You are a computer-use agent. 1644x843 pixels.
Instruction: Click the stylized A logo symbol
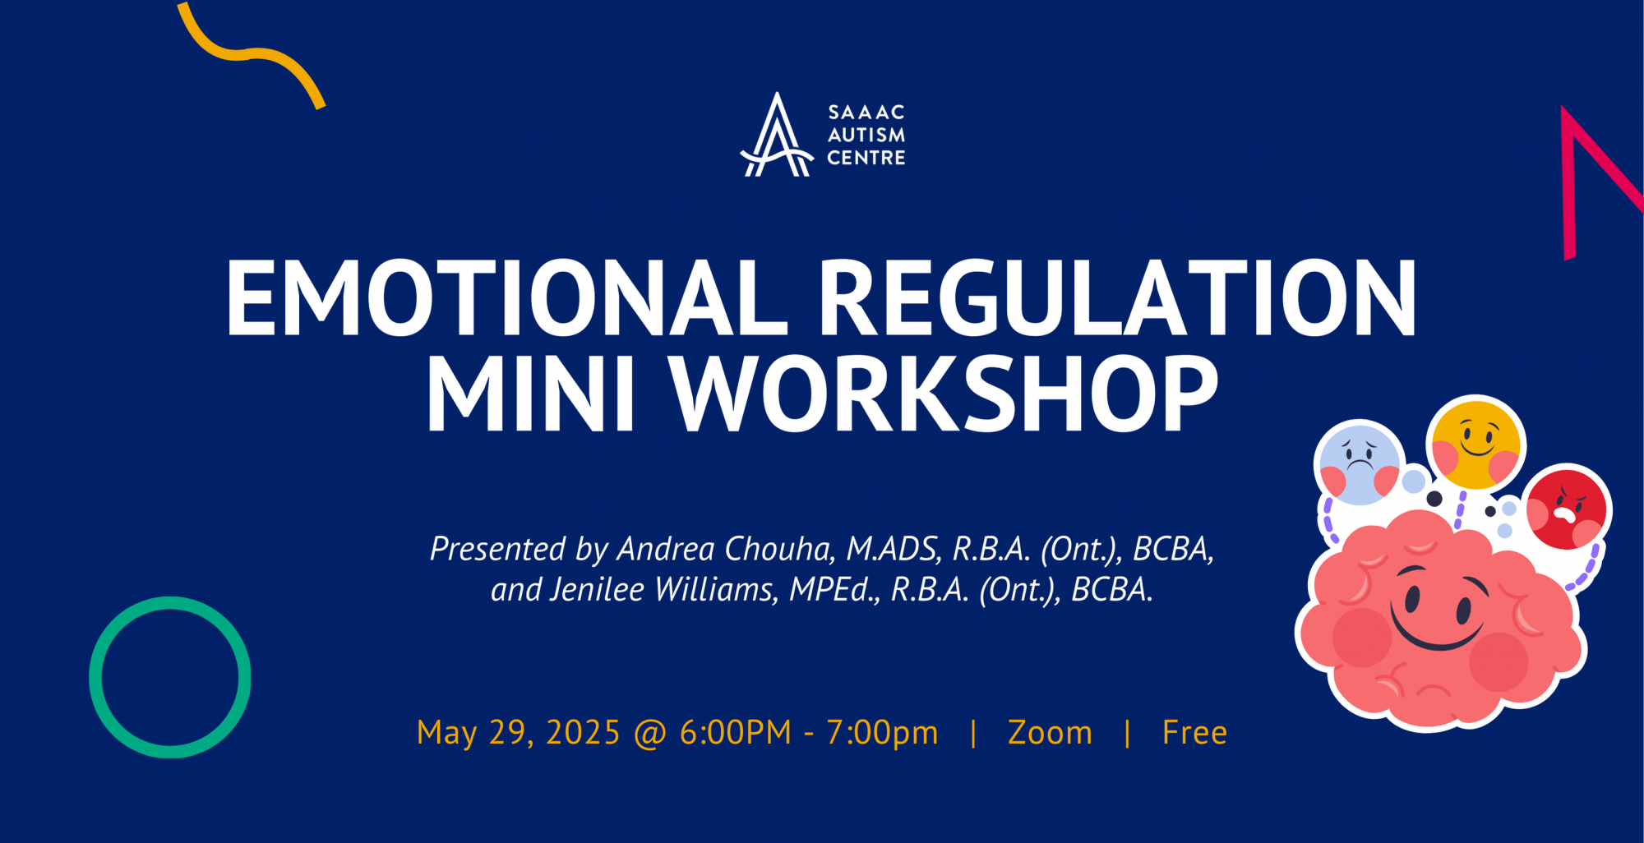coord(777,136)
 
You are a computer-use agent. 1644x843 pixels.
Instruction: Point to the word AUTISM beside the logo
coord(866,135)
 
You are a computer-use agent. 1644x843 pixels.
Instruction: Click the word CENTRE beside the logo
coord(866,158)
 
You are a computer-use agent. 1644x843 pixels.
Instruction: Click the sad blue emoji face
coord(1359,463)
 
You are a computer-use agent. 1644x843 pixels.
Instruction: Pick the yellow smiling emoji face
coord(1476,445)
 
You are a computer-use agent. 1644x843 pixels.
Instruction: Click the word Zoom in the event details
coord(1051,733)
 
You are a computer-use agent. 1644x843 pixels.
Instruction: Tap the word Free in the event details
coord(1194,733)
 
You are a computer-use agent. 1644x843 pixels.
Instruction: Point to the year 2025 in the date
coord(583,733)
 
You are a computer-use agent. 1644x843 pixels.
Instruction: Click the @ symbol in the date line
coord(650,734)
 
